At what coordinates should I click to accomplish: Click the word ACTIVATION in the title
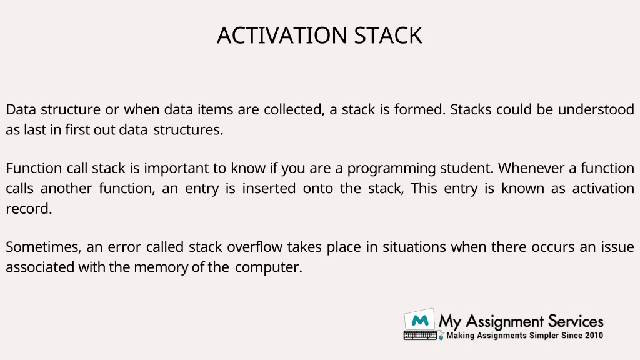coord(282,36)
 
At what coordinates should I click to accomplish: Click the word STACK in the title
coord(388,36)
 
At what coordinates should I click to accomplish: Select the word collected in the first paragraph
coord(294,110)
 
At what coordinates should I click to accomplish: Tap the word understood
coord(596,109)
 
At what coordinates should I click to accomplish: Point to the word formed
coord(419,109)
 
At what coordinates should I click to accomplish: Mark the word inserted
coord(269,189)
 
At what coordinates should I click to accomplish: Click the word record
coord(29,209)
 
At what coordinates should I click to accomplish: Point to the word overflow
coord(254,247)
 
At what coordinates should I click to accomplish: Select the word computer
coord(269,267)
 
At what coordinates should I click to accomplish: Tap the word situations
coord(414,247)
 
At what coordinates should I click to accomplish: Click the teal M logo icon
coord(419,320)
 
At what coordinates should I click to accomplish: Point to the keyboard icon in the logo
coord(420,336)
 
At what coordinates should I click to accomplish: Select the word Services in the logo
coord(576,322)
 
